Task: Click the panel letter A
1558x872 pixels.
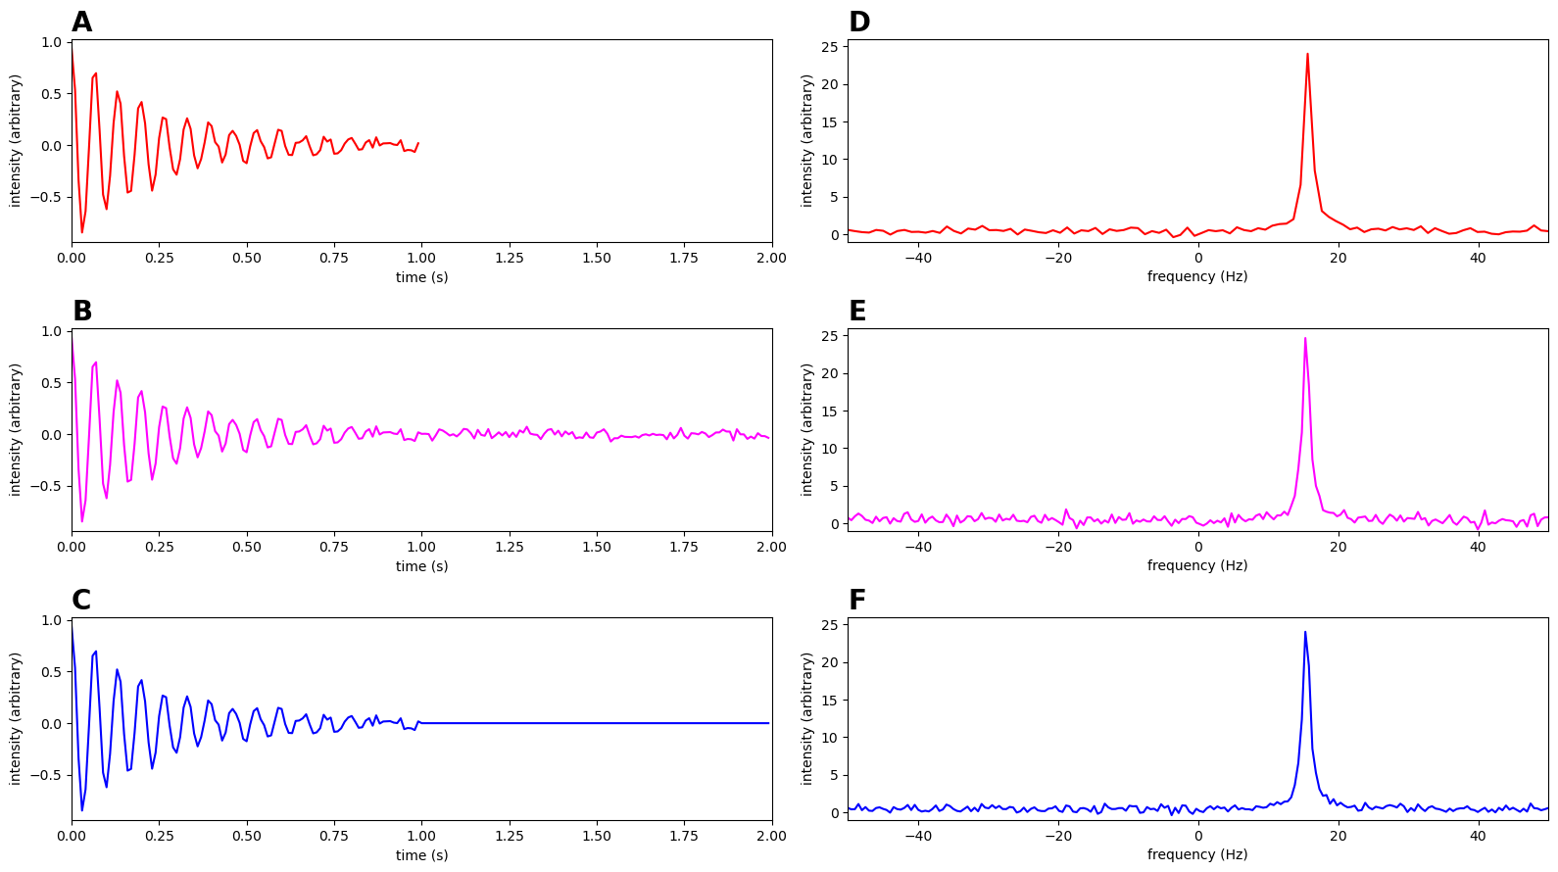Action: click(81, 23)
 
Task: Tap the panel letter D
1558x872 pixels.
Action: click(859, 23)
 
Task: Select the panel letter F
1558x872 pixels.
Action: click(857, 601)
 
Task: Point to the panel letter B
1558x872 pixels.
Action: click(82, 312)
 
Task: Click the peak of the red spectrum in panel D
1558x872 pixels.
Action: click(1307, 54)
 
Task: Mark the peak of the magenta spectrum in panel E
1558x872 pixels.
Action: click(1305, 338)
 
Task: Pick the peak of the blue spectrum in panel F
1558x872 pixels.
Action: click(1305, 632)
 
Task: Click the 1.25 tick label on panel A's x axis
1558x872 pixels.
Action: click(509, 259)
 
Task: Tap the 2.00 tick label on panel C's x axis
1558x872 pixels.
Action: click(771, 837)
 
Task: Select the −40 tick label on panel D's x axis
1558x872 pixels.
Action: click(917, 259)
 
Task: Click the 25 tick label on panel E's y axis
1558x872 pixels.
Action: click(829, 336)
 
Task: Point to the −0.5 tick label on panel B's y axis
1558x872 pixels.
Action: click(44, 486)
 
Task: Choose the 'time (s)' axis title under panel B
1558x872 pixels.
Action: click(421, 566)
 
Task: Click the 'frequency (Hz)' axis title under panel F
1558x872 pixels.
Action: click(1197, 854)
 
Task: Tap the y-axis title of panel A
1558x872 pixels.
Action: click(16, 141)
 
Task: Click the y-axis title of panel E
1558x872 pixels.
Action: click(807, 430)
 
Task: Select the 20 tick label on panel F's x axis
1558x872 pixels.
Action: click(1338, 837)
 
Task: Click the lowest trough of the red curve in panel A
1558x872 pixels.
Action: click(82, 232)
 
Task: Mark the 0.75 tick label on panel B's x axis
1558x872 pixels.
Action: click(334, 548)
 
